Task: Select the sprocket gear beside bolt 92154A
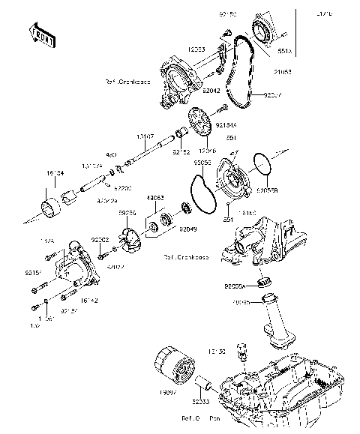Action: coord(199,121)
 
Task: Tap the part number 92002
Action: coord(100,239)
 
